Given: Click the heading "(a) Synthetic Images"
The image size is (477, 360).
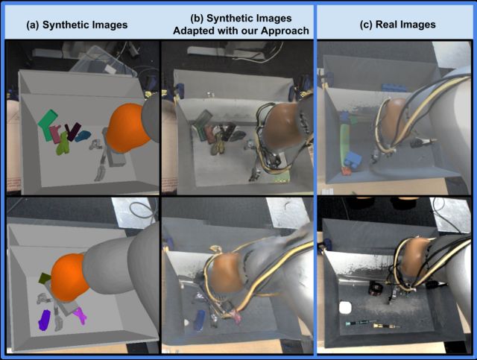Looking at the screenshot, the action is coord(77,25).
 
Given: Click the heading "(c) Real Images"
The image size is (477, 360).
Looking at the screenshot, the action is coord(397,25).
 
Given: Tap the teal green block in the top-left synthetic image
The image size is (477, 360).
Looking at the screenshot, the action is coord(48,124).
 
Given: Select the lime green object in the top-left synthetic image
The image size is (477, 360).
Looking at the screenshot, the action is coord(63,144).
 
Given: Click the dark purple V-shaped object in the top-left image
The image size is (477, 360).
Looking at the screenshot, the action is coord(72,131).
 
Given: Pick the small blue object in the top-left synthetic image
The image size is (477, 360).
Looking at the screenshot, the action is coord(83,136).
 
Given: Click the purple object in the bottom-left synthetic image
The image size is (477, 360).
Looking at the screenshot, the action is coord(45,320).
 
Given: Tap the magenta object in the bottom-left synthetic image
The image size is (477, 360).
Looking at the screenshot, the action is coord(80,315).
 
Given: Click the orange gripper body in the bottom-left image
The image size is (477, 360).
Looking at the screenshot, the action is coord(69,277).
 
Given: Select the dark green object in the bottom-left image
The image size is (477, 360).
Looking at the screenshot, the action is coord(45,277).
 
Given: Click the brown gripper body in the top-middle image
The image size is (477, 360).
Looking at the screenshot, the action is coord(282,125).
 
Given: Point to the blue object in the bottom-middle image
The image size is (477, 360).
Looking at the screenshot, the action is coord(199,320).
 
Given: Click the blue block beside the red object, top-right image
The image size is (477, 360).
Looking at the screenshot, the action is coord(353,160).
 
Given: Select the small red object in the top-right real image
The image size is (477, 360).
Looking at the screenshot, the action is coord(346,171).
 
